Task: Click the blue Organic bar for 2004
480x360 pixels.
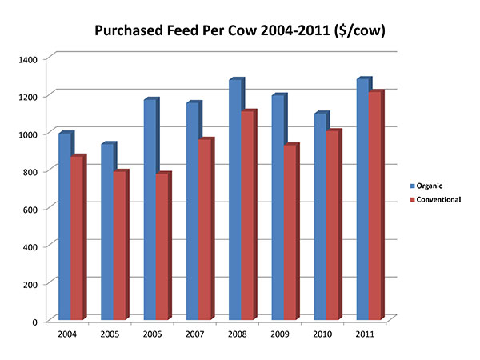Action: coord(64,227)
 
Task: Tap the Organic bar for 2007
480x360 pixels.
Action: coord(192,212)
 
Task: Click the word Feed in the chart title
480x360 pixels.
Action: coord(200,32)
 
